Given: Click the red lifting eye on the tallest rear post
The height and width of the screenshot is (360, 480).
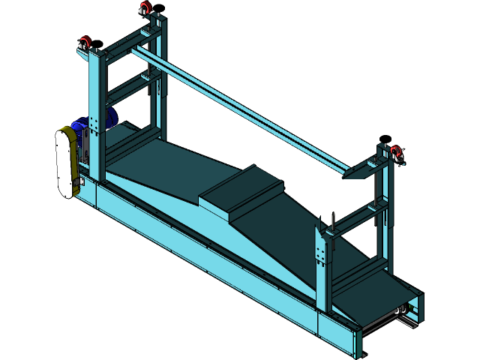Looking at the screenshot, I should click(x=144, y=8).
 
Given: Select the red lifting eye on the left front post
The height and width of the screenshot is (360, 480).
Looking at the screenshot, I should click(x=85, y=42).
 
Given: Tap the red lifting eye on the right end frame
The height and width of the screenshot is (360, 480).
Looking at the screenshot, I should click(x=395, y=152).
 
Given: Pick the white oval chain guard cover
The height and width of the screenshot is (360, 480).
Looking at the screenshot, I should click(x=65, y=162).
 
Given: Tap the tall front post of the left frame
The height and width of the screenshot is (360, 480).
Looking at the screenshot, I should click(x=97, y=112).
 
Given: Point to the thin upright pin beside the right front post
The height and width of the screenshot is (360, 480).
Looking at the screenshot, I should click(x=330, y=222).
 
